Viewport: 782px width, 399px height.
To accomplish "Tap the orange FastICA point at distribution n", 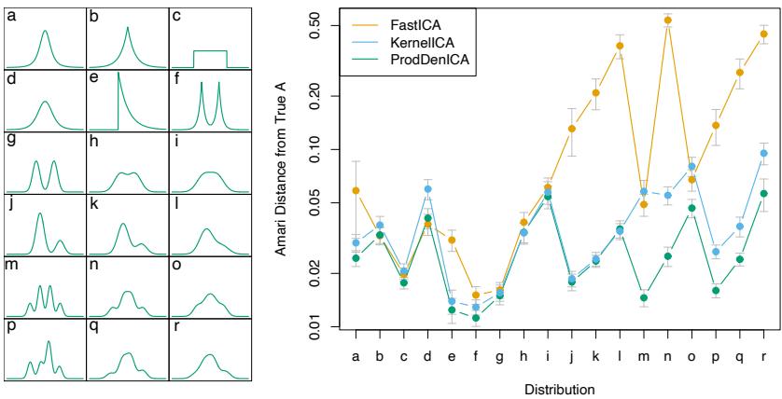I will click(x=668, y=20).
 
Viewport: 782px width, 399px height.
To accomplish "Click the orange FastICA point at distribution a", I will click(x=356, y=190).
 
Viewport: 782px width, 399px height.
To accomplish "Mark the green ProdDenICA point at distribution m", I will click(x=644, y=297).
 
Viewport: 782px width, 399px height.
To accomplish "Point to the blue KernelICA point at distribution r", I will click(x=764, y=153).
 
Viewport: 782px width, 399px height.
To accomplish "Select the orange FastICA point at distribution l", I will click(x=620, y=46).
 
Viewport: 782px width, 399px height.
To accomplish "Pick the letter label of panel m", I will click(x=11, y=263).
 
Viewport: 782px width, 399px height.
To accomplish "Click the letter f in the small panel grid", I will click(x=176, y=76).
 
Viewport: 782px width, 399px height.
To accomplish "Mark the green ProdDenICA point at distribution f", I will click(x=476, y=318).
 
